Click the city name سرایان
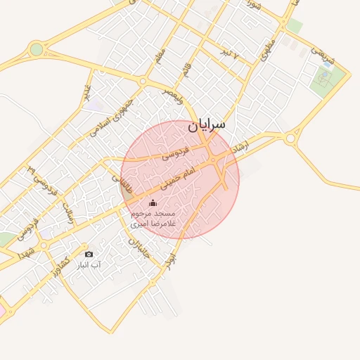(x=207, y=124)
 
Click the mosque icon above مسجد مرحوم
(x=153, y=202)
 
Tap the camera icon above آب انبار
(x=88, y=254)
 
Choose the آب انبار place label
(x=89, y=265)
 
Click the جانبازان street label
(x=141, y=246)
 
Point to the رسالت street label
(x=68, y=213)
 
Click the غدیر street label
(x=86, y=92)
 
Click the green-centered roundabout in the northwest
(x=36, y=49)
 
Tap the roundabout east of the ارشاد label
(x=290, y=139)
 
